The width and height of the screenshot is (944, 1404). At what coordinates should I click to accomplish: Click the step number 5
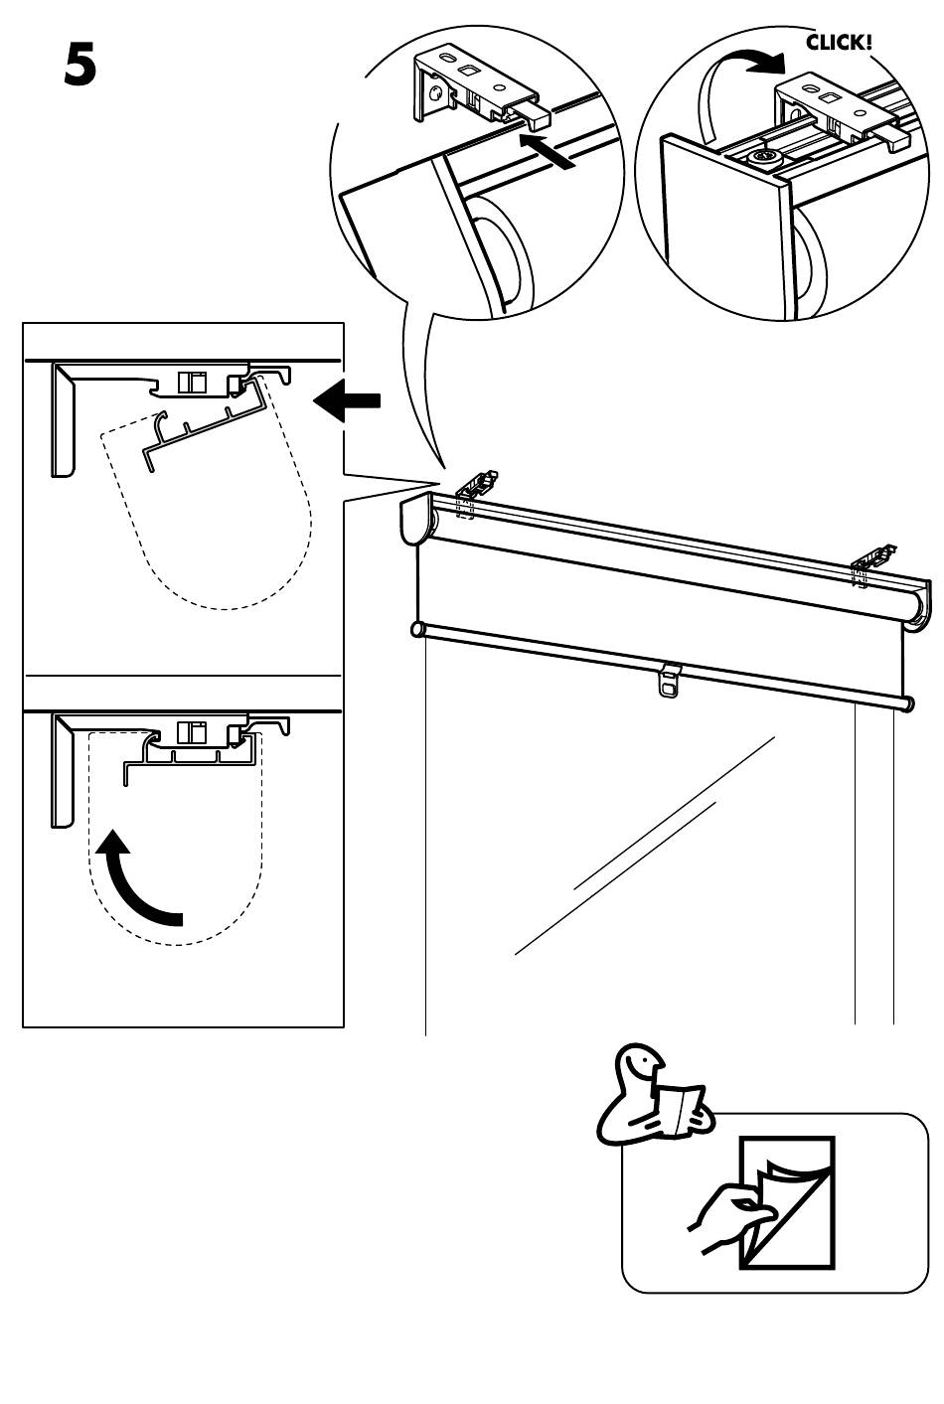tap(80, 65)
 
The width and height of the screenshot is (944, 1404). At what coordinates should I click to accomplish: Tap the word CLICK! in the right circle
tap(839, 43)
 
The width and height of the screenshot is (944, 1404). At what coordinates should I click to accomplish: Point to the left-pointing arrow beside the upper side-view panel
tap(347, 400)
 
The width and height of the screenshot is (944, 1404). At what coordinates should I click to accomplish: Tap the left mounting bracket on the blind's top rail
tap(478, 486)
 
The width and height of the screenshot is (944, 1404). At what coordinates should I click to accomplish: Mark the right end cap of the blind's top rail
tap(922, 604)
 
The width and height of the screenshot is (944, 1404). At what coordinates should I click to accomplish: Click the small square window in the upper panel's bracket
tap(191, 382)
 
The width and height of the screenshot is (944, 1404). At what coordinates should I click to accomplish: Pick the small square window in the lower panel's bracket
tap(191, 732)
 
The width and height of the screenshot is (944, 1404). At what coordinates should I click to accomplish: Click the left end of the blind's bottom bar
tap(417, 629)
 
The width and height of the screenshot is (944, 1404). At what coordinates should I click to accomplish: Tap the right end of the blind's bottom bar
tap(908, 703)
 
